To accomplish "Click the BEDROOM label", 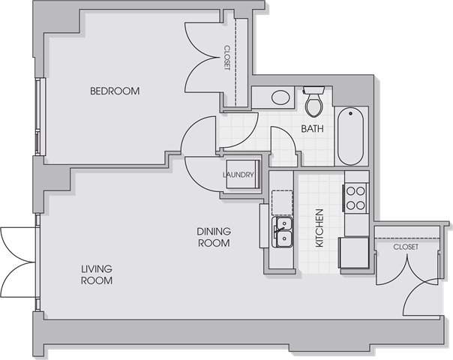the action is (115, 91).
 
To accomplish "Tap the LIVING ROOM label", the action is (97, 274).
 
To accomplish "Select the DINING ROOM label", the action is (214, 237).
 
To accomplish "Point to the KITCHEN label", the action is (319, 228).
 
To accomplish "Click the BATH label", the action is (312, 128).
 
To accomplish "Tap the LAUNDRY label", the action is (238, 175).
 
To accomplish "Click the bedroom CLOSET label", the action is (227, 58).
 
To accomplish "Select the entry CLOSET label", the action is (406, 247).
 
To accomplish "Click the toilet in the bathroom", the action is (313, 102).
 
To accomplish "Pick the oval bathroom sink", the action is (280, 97).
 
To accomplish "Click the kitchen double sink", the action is (282, 232).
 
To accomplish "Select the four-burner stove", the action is (355, 198).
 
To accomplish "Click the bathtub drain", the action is (351, 113).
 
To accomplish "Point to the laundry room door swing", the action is (202, 175).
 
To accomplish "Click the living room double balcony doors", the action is (18, 262).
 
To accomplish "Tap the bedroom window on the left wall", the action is (40, 116).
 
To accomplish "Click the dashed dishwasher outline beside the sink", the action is (282, 202).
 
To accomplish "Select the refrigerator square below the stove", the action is (354, 253).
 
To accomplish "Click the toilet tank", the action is (313, 89).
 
